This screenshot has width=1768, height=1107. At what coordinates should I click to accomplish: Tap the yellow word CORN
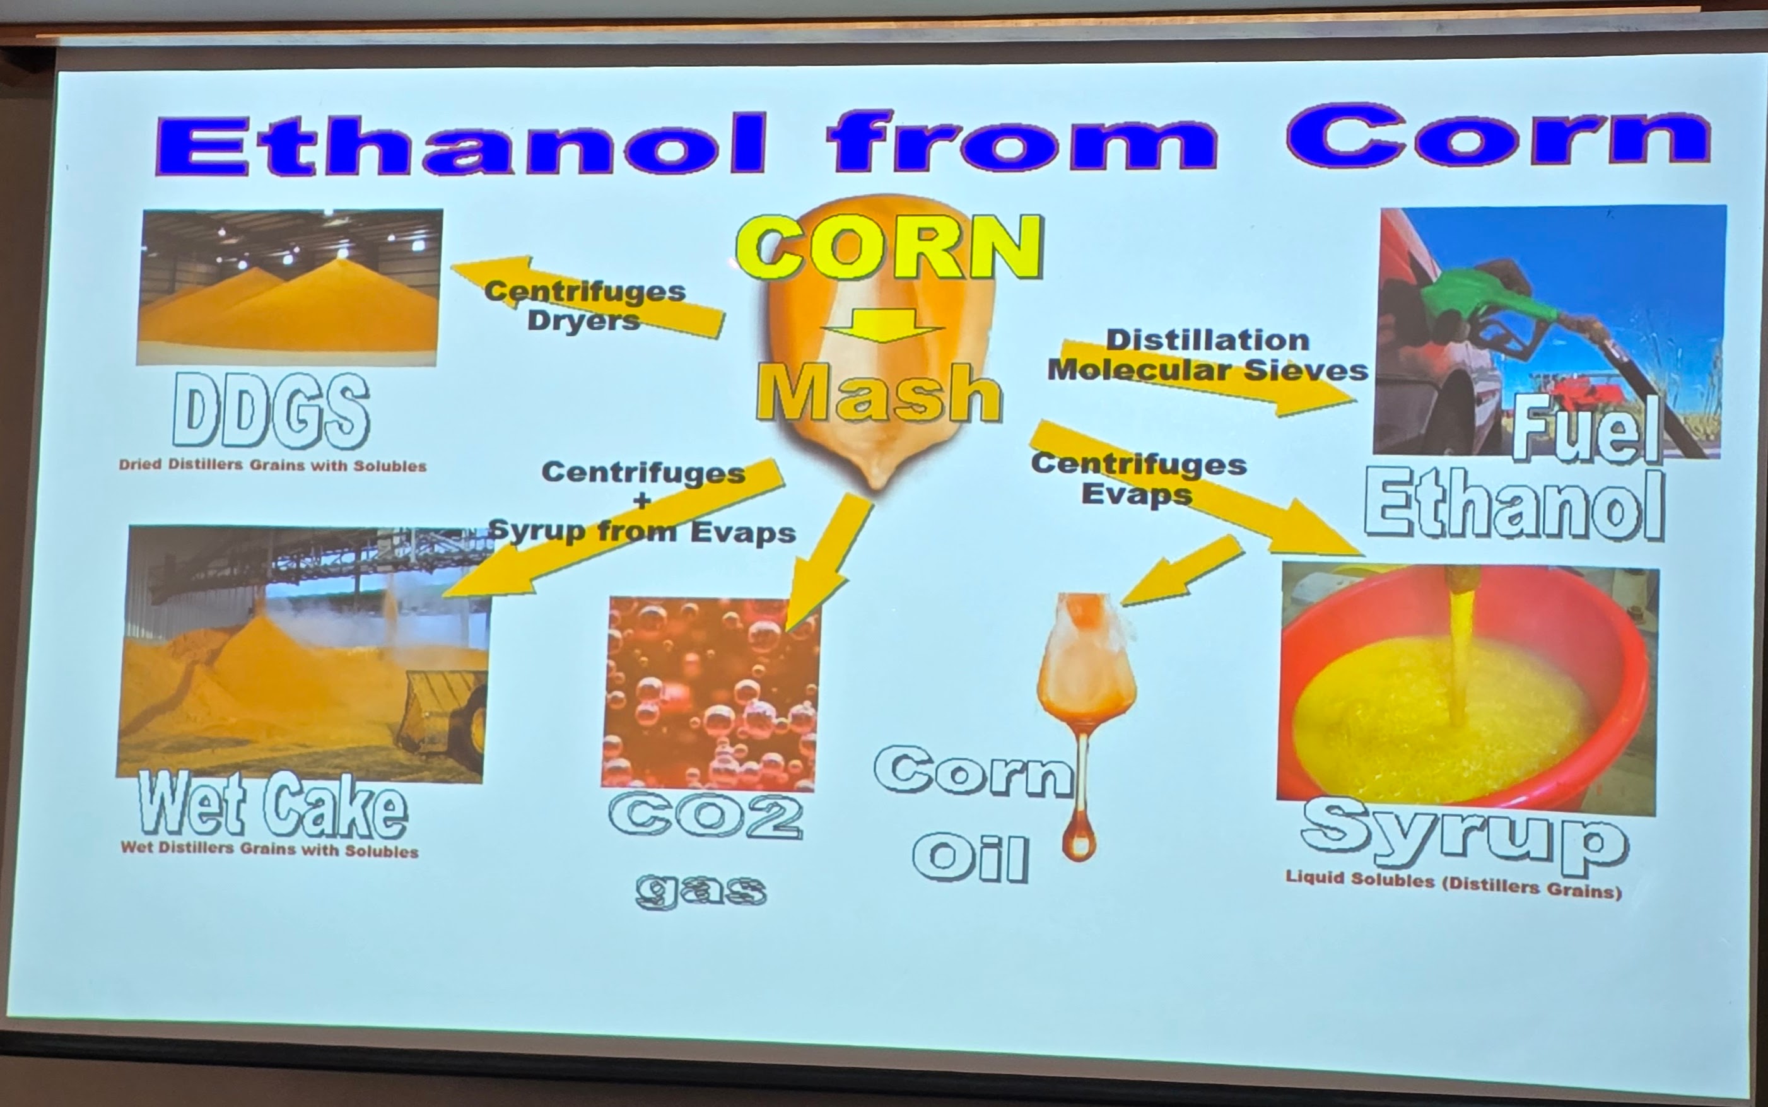(x=889, y=247)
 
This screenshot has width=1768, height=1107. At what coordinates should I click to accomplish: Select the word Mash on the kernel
(x=879, y=394)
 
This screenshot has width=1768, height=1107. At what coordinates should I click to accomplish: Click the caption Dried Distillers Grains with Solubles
(x=272, y=466)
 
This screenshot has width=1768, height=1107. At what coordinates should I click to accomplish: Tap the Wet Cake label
(x=272, y=805)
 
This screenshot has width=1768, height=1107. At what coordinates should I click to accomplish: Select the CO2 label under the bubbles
(x=706, y=816)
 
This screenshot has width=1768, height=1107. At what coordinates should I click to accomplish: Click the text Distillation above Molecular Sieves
(x=1207, y=341)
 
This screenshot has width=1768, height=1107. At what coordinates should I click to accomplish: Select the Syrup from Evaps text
(x=642, y=531)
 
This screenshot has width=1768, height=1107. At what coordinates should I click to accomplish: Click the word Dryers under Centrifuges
(x=583, y=320)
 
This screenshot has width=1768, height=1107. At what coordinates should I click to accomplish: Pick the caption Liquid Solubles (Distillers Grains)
(x=1454, y=884)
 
